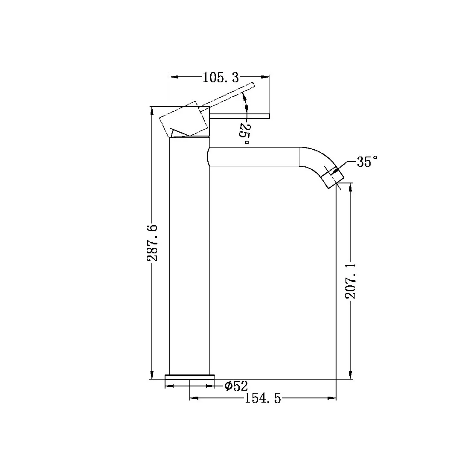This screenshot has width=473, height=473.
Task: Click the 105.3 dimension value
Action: [221, 78]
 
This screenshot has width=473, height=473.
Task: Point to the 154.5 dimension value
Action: [263, 399]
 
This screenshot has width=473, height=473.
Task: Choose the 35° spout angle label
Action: [367, 162]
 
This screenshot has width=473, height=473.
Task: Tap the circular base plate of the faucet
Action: [189, 377]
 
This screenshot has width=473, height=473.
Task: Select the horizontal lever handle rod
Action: [241, 115]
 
